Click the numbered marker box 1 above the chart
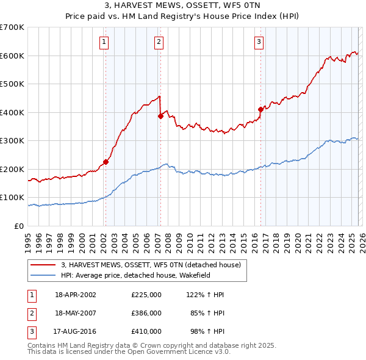coord(104,42)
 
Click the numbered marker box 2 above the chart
coord(159,42)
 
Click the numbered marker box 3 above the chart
coord(259,42)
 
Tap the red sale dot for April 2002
coord(106,162)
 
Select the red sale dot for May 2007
coord(160,116)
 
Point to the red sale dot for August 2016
coord(260,109)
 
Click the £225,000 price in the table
coord(146,295)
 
